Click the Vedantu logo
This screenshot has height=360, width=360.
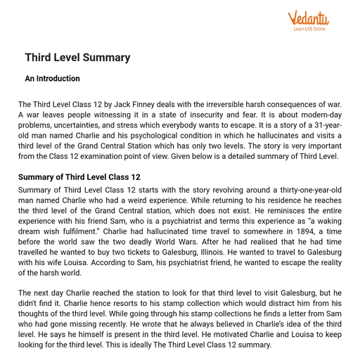(x=309, y=17)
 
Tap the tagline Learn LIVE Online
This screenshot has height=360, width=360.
(x=309, y=30)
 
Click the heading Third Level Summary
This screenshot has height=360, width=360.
(x=77, y=57)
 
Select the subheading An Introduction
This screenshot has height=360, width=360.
(x=53, y=79)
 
